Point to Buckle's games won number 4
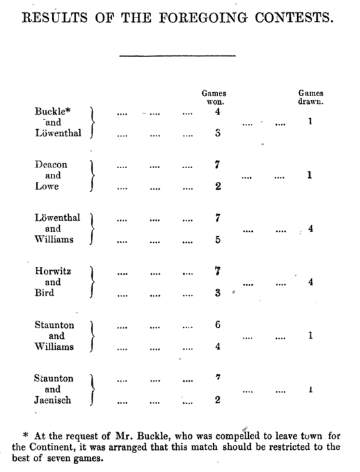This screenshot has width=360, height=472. (218, 112)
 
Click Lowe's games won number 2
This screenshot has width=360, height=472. (218, 187)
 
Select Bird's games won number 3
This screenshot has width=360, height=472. (218, 293)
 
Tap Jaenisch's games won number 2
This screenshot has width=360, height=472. (218, 400)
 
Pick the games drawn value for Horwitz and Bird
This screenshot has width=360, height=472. (311, 282)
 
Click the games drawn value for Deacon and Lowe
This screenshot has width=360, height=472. (311, 175)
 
